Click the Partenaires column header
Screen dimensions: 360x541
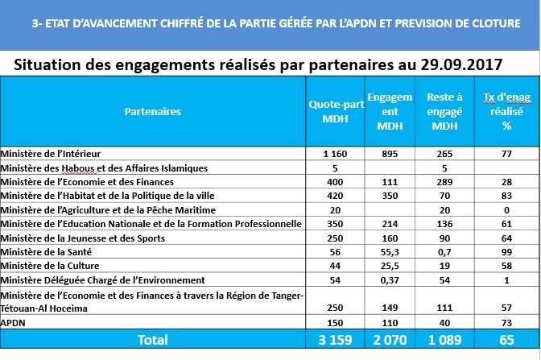pos(153,111)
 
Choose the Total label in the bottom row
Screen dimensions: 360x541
pos(153,340)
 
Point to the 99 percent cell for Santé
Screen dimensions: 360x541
pos(506,251)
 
